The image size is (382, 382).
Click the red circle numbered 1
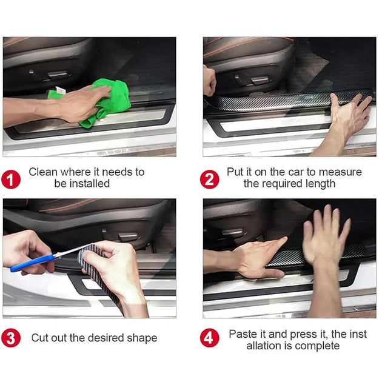[11, 179]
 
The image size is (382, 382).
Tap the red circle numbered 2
[210, 179]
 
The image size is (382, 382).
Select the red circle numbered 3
[11, 338]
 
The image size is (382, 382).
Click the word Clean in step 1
[43, 172]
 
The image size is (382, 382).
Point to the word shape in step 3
[143, 338]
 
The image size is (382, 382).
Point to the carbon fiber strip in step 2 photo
[273, 101]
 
